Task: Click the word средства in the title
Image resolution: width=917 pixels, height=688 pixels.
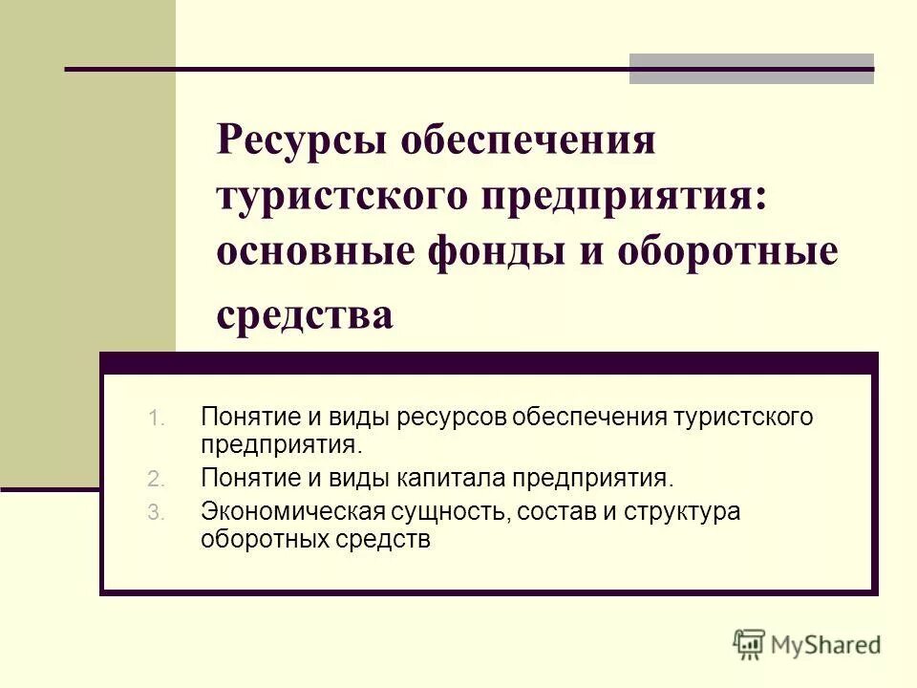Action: click(x=305, y=315)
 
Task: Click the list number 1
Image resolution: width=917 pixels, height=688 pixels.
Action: click(x=158, y=418)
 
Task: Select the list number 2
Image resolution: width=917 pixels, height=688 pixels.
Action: click(x=157, y=478)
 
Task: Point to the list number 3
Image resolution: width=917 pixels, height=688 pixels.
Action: click(x=157, y=513)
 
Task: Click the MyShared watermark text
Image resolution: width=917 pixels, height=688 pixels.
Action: click(x=826, y=645)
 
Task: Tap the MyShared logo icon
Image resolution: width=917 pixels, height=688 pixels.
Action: click(x=750, y=644)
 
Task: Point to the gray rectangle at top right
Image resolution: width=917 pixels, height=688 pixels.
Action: click(x=752, y=69)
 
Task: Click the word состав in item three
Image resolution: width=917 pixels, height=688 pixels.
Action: click(x=557, y=512)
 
